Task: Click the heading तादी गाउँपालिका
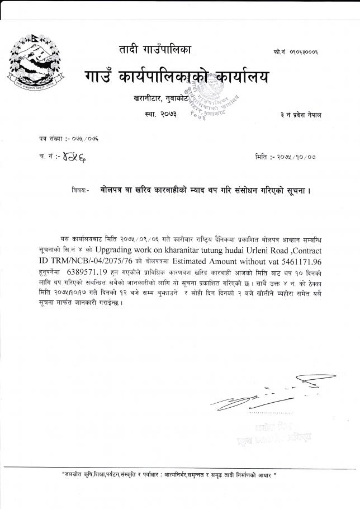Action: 155,50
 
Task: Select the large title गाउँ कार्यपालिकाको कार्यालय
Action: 177,75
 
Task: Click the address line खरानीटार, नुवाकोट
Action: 159,99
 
